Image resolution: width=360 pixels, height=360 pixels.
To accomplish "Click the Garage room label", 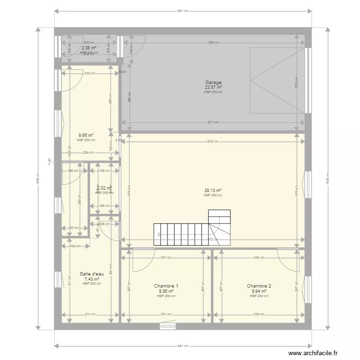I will pyautogui.click(x=213, y=83).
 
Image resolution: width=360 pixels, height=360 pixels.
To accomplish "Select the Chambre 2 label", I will pyautogui.click(x=259, y=286).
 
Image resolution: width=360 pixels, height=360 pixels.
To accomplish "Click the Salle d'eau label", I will pyautogui.click(x=91, y=274).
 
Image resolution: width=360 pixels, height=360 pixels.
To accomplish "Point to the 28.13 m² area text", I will pyautogui.click(x=213, y=191).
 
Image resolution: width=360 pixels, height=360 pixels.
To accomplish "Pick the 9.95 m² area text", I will pyautogui.click(x=86, y=135).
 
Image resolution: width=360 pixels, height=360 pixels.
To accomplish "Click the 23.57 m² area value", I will pyautogui.click(x=213, y=87).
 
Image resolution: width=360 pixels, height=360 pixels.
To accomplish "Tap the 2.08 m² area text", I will pyautogui.click(x=89, y=48).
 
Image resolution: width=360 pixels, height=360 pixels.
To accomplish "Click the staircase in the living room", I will pyautogui.click(x=192, y=228).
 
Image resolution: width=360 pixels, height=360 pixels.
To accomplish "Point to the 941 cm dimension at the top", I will pyautogui.click(x=182, y=11).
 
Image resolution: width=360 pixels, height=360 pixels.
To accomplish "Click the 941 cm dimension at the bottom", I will pyautogui.click(x=182, y=346).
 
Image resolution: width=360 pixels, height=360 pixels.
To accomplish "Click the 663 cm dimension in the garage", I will pyautogui.click(x=214, y=43).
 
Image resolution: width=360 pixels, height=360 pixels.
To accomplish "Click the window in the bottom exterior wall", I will pyautogui.click(x=168, y=326).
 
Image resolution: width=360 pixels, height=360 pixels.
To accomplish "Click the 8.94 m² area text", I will pyautogui.click(x=259, y=291).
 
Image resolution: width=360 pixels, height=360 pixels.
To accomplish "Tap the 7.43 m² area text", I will pyautogui.click(x=91, y=279).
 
